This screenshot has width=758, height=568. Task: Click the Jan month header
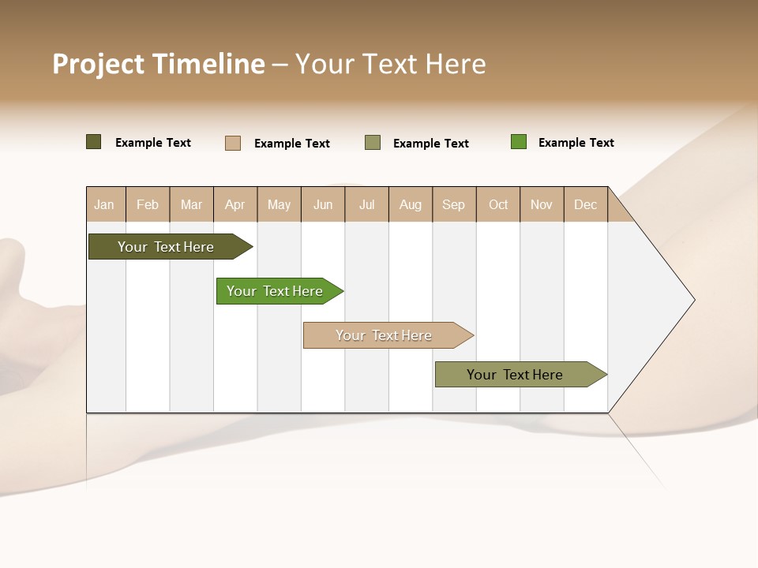click(105, 204)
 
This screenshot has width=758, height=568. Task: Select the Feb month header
click(148, 204)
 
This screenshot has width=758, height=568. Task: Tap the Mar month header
click(191, 204)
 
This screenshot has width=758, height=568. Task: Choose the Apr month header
click(235, 204)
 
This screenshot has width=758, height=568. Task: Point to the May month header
click(279, 204)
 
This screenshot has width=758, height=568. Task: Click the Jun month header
click(323, 204)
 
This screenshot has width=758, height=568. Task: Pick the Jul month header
click(366, 204)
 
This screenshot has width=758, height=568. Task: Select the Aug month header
click(411, 204)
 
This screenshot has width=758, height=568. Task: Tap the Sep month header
click(454, 204)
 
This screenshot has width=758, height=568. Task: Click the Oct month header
click(498, 204)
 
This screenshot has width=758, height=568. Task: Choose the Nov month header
click(542, 204)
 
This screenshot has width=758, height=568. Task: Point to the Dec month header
click(586, 204)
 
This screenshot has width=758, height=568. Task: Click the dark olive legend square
click(94, 142)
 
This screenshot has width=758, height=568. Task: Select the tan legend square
click(233, 143)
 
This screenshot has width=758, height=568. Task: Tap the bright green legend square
click(519, 142)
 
